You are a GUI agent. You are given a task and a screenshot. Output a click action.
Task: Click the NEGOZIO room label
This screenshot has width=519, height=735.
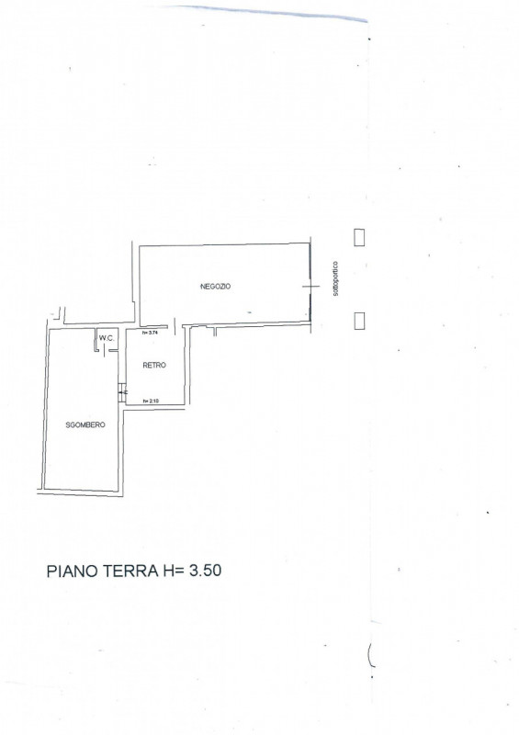pos(216,287)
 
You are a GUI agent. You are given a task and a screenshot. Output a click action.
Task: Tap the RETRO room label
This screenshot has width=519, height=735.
pos(154,366)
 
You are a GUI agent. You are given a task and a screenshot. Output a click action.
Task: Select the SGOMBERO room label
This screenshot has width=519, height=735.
pos(86,424)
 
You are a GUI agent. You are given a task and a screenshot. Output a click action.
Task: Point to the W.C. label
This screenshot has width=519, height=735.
pos(107,338)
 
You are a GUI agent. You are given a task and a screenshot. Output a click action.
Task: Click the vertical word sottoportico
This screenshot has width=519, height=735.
pos(337,276)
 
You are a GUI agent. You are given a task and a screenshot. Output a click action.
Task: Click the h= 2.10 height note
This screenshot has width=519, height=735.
pos(152,401)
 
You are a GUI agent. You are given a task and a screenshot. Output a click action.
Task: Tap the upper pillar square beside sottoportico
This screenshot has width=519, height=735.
pos(359,236)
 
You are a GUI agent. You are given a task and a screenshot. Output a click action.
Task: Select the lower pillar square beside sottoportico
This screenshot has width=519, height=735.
pos(359,320)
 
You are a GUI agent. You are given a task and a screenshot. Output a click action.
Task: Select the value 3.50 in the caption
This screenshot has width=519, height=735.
pos(205,571)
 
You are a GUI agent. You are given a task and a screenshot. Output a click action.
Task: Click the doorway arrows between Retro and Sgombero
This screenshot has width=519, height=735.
pos(123,393)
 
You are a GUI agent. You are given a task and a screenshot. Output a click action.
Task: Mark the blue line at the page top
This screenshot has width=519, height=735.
pos(276,12)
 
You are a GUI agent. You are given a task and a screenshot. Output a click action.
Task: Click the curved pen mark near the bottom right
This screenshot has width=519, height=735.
pos(371,654)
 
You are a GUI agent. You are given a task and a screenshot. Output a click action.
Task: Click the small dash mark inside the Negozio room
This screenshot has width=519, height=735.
pos(249,312)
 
